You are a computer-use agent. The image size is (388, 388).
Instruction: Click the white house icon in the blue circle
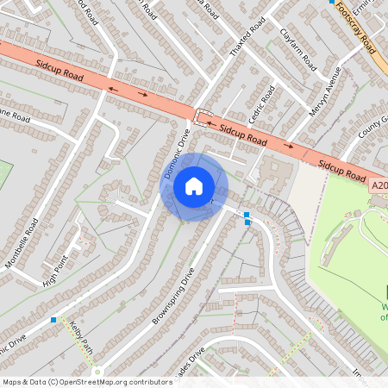point(193,185)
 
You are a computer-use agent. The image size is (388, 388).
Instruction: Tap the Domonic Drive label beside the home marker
point(176,153)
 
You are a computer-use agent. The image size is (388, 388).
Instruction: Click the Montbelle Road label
point(22,243)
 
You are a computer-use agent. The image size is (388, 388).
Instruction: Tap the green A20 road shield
point(379,185)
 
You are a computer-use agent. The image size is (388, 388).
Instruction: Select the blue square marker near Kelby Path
point(53,320)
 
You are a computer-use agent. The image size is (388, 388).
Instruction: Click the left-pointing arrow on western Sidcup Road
point(112,87)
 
